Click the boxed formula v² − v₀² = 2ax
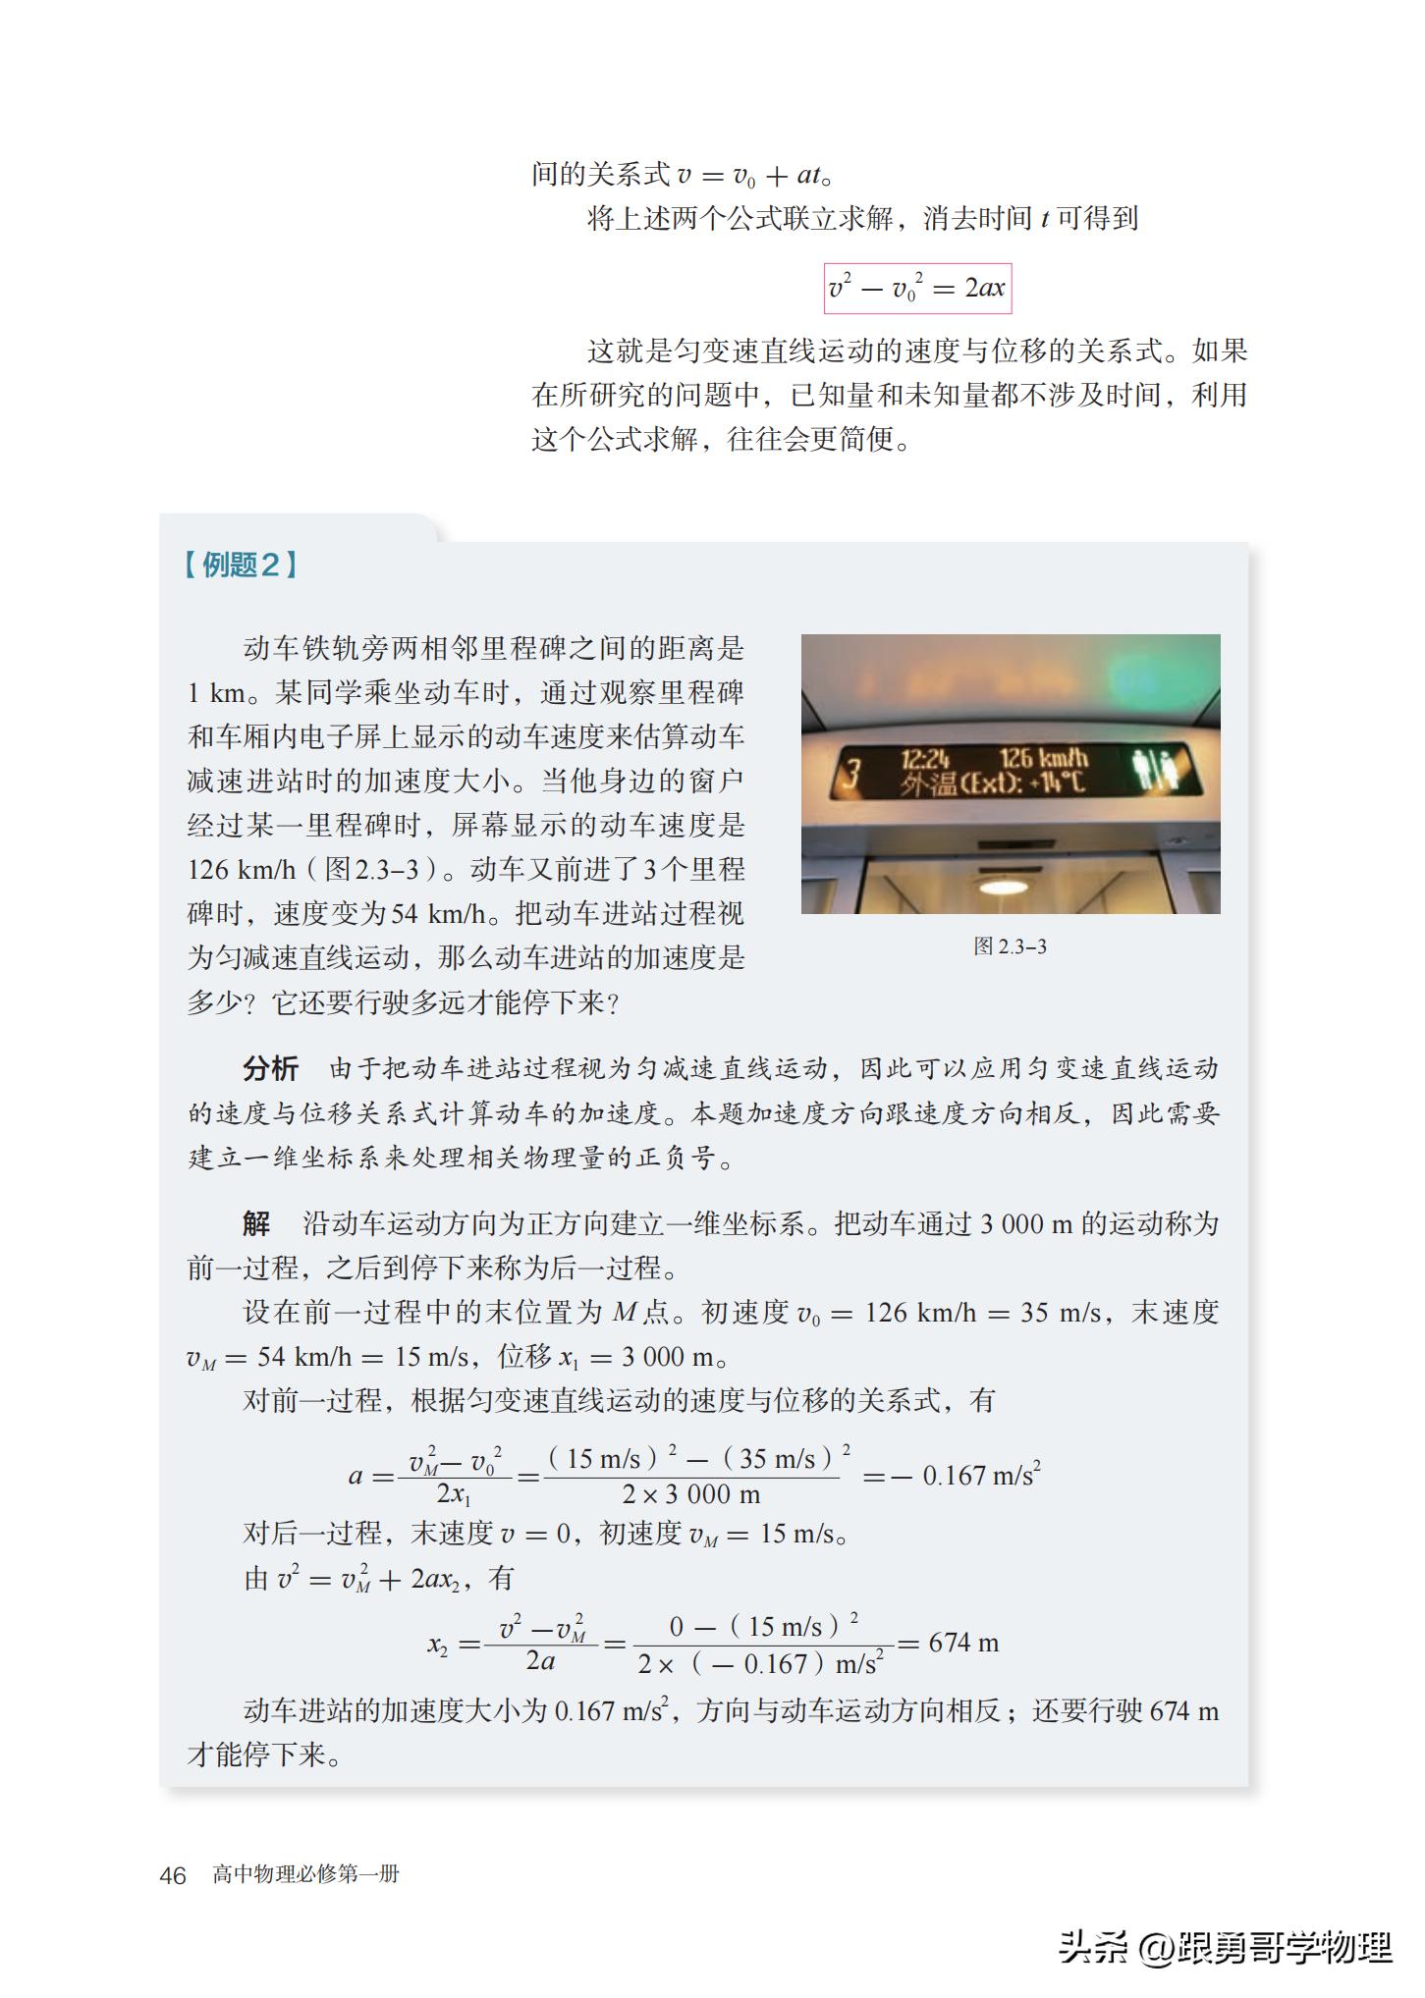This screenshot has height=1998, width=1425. click(x=917, y=288)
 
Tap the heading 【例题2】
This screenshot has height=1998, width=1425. click(x=241, y=565)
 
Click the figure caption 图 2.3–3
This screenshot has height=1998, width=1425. click(x=1010, y=946)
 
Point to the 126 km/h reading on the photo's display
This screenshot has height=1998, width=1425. click(x=1044, y=759)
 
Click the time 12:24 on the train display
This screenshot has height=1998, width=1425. click(x=925, y=759)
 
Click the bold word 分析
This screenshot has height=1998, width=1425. click(x=270, y=1068)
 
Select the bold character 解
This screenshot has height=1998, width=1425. click(x=256, y=1223)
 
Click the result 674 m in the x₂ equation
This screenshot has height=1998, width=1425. click(x=963, y=1643)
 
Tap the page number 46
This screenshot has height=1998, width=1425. click(x=173, y=1875)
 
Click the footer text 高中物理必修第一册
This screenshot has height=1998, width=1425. click(x=306, y=1874)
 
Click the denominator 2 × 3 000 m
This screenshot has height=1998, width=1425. click(x=691, y=1495)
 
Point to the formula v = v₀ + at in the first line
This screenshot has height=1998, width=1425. click(x=748, y=176)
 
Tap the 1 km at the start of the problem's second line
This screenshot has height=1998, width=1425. click(x=215, y=693)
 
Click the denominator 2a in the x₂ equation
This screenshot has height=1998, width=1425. click(x=540, y=1661)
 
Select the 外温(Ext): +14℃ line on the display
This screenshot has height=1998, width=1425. click(x=994, y=783)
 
